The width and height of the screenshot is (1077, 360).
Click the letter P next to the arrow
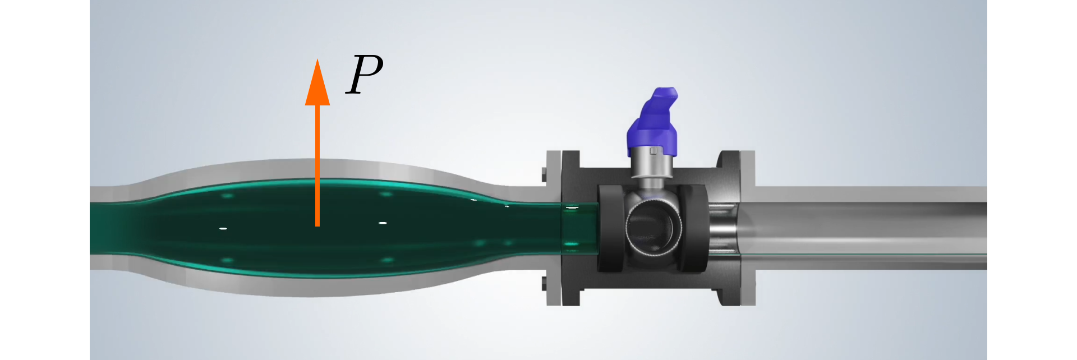click(x=365, y=75)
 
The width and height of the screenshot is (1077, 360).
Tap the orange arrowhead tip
click(x=317, y=59)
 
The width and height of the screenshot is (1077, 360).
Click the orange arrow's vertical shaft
click(x=317, y=165)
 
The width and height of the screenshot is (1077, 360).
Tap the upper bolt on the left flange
click(x=545, y=174)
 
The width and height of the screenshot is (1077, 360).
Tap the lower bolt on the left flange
click(x=545, y=284)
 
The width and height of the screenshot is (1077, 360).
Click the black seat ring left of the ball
click(x=610, y=229)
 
